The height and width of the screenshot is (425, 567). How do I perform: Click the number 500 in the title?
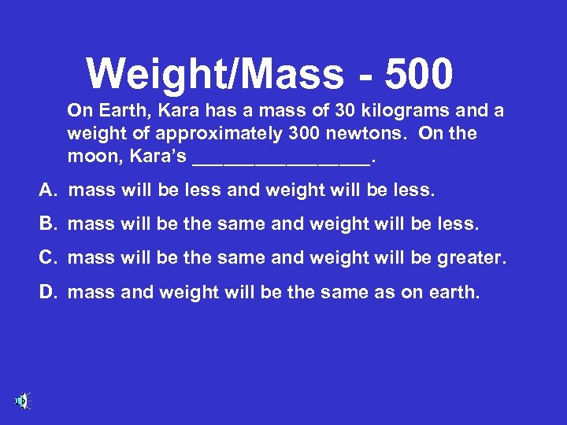[419, 74]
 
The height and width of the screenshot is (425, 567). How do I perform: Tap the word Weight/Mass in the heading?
[215, 74]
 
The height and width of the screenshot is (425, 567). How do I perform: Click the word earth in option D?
[453, 292]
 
